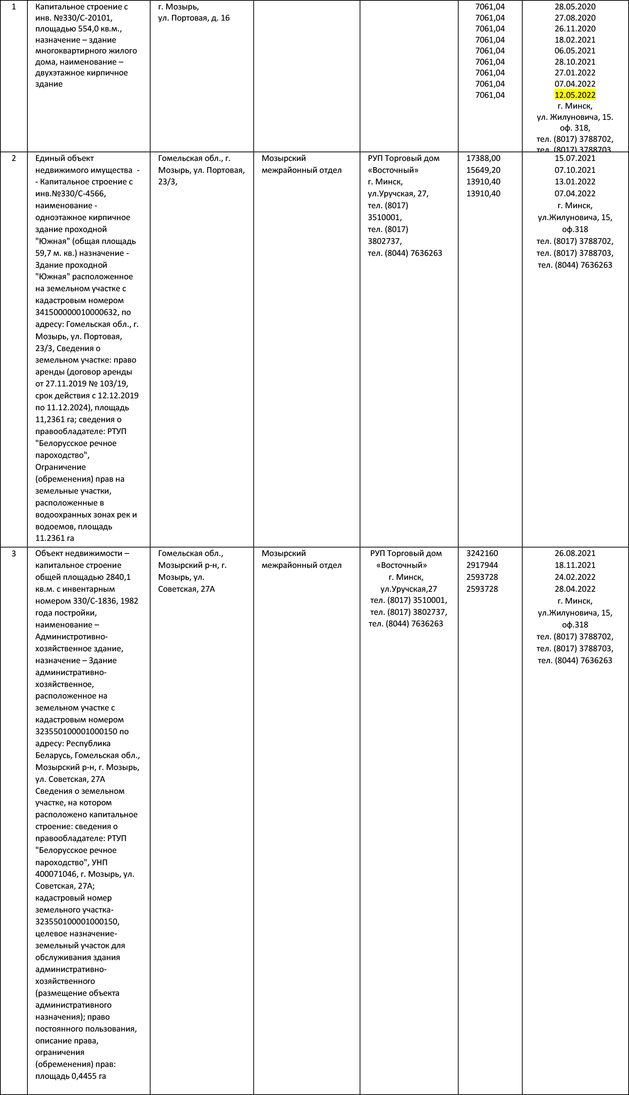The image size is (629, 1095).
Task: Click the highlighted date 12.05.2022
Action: coord(575,95)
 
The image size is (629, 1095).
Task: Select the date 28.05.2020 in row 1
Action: coord(575,7)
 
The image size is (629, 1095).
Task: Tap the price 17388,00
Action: coord(483,158)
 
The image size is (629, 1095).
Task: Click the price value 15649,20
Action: coord(483,170)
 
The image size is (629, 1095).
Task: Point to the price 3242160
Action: coord(482,553)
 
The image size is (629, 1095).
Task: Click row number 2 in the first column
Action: coord(14,158)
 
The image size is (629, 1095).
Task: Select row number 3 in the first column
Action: coord(14,553)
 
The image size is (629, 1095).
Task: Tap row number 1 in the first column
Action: coord(14,7)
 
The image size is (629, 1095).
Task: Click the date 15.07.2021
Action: coord(575,158)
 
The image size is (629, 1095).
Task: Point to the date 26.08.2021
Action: coord(575,553)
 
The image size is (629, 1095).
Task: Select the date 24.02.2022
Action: coord(575,577)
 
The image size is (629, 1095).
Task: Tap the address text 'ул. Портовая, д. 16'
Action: coord(194,18)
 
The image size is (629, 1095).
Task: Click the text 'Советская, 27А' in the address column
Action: coord(186,589)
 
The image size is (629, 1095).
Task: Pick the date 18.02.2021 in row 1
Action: coord(575,40)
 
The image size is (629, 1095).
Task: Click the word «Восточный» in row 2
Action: coord(393,170)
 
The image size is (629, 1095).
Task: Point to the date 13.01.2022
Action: coord(575,182)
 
